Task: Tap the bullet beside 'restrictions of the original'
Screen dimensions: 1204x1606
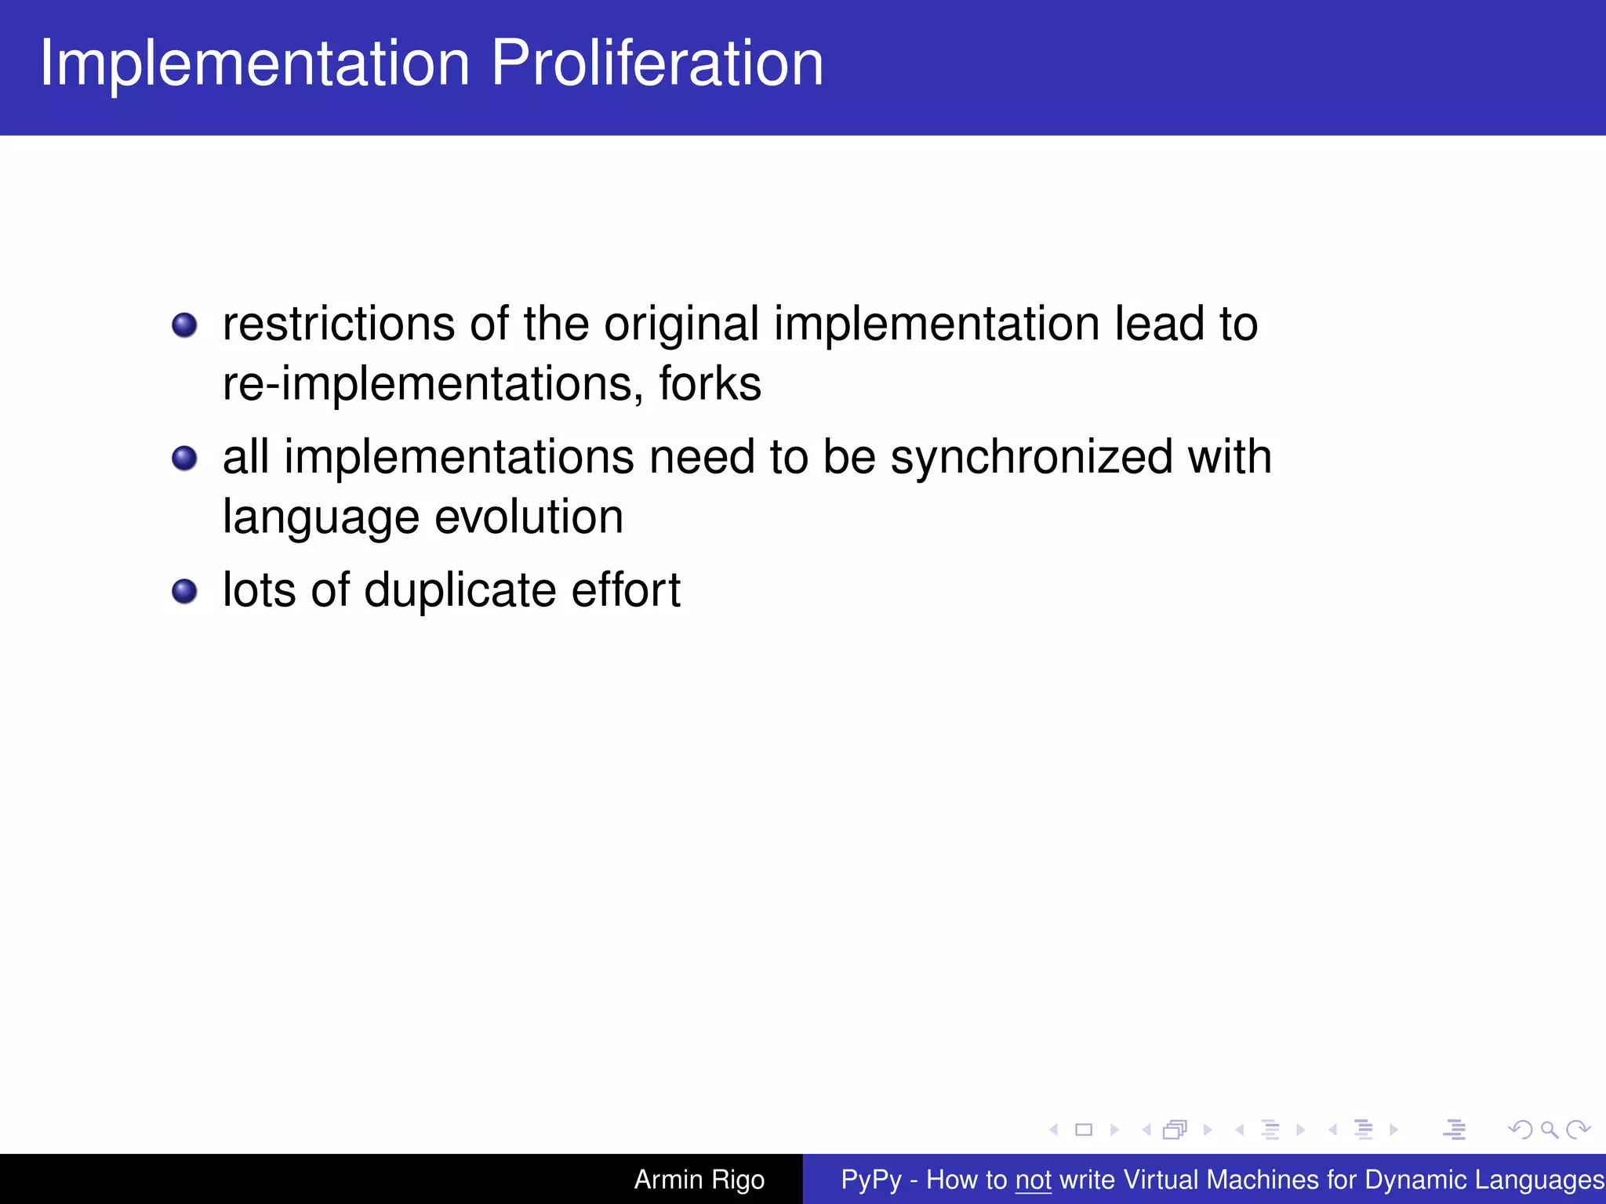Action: (x=184, y=325)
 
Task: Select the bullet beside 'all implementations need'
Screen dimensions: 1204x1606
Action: (x=184, y=458)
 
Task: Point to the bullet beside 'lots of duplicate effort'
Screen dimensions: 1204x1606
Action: (x=184, y=591)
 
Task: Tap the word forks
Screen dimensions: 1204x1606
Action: (x=710, y=383)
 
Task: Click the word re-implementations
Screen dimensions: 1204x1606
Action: (x=427, y=385)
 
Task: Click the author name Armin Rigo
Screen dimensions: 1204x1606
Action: (x=699, y=1180)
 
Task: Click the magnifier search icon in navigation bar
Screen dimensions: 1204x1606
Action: (x=1549, y=1130)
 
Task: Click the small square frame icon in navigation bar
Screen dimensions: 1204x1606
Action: (x=1084, y=1130)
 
